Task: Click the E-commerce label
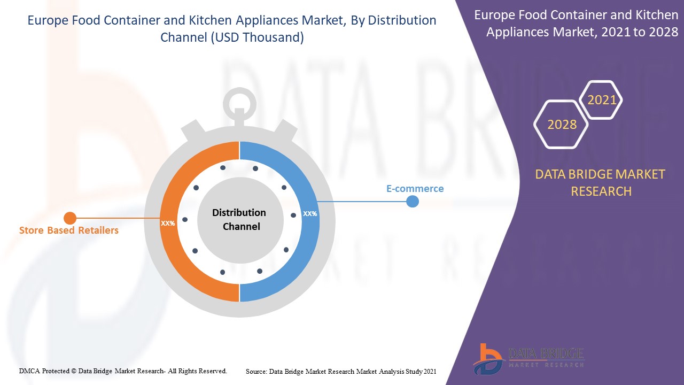(415, 189)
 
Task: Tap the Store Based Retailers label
(68, 230)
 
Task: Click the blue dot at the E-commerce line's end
(413, 202)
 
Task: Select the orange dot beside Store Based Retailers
(70, 218)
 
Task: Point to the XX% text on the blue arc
(310, 214)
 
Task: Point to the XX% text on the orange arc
(168, 223)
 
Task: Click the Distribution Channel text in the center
(239, 220)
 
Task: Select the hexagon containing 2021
(602, 100)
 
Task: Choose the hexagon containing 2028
(562, 125)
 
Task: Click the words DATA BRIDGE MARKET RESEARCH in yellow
(601, 182)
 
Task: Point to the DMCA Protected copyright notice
(123, 371)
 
